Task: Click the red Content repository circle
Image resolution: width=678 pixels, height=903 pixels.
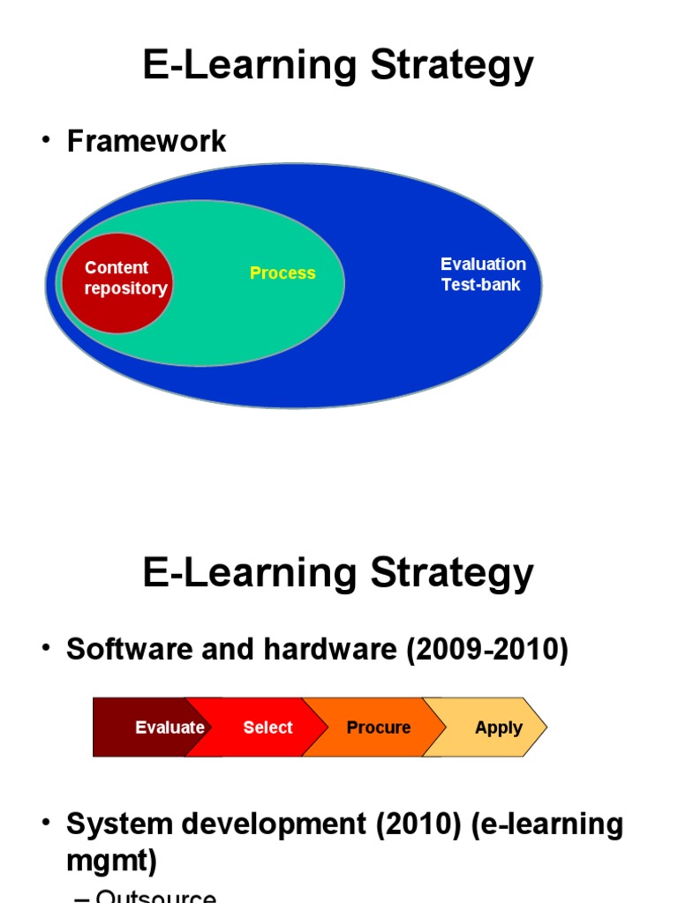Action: (x=116, y=282)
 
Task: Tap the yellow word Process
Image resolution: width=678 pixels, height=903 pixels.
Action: (x=282, y=273)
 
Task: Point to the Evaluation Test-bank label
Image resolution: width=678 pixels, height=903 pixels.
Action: (x=482, y=274)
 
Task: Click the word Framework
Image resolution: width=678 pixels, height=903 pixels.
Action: (x=147, y=141)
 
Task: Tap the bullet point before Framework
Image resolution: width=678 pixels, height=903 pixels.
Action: (x=46, y=140)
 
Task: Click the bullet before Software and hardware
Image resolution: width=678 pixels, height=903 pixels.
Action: (x=46, y=649)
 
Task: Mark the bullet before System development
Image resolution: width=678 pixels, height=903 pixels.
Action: (x=46, y=824)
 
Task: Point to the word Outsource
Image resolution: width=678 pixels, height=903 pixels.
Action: (x=155, y=896)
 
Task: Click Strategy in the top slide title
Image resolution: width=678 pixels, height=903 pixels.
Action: (x=452, y=66)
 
